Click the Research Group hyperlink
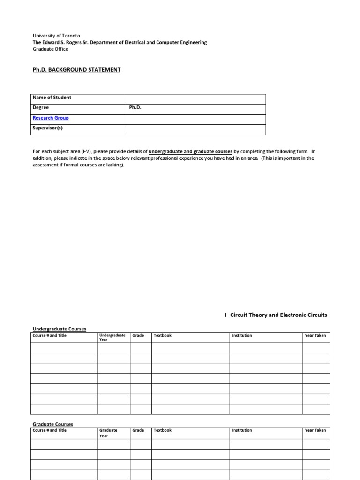click(x=51, y=118)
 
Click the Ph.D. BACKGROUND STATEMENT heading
click(x=76, y=70)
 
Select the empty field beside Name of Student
click(x=196, y=98)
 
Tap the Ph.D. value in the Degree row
click(x=135, y=108)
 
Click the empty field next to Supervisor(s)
click(x=196, y=129)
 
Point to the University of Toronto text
click(x=56, y=36)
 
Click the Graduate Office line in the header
click(x=50, y=49)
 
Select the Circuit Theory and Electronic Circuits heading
click(x=276, y=315)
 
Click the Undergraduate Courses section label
click(x=59, y=329)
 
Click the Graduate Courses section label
click(x=52, y=424)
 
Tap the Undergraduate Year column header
click(x=112, y=337)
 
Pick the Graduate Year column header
click(x=108, y=433)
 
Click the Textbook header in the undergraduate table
click(x=163, y=336)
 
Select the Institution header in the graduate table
click(x=242, y=430)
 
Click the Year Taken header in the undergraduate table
click(x=315, y=336)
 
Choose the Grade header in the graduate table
click(x=138, y=430)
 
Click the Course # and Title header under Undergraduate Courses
click(x=50, y=336)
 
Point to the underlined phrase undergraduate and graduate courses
click(x=190, y=152)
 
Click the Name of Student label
click(x=52, y=98)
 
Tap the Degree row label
click(x=41, y=108)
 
